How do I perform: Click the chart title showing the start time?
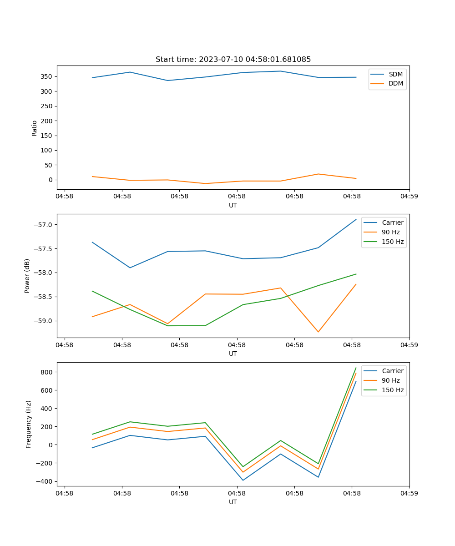click(x=233, y=60)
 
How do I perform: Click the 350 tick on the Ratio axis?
click(x=47, y=76)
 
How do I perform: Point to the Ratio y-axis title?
click(x=35, y=128)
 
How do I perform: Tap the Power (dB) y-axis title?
click(x=27, y=276)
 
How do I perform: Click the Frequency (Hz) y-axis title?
click(x=29, y=424)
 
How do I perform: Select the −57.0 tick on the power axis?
click(x=44, y=225)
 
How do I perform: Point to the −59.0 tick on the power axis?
click(x=44, y=321)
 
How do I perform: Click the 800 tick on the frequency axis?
click(x=47, y=372)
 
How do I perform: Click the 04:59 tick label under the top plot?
click(x=409, y=197)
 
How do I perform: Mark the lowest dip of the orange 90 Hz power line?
click(x=318, y=332)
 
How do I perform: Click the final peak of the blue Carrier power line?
click(x=356, y=219)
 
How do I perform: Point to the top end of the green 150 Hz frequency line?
click(x=356, y=368)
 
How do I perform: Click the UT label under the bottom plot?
click(x=233, y=502)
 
